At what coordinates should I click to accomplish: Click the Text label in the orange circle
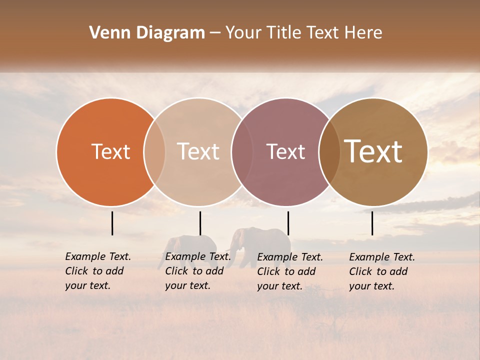(110, 151)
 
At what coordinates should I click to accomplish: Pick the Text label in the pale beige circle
(198, 151)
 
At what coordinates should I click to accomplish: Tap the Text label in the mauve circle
(286, 151)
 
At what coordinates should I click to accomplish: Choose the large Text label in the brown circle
(373, 151)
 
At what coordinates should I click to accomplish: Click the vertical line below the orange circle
(112, 223)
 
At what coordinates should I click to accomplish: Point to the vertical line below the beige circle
(200, 223)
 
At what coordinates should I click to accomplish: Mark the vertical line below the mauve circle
(288, 223)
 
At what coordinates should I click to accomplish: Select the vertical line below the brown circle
(372, 223)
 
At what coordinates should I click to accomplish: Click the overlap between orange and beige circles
(154, 151)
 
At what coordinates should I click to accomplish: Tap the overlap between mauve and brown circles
(329, 151)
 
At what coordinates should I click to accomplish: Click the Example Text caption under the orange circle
(98, 271)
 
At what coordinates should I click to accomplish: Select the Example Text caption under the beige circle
(198, 271)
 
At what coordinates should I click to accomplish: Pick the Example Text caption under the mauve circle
(290, 271)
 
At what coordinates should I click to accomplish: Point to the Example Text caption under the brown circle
(382, 271)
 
